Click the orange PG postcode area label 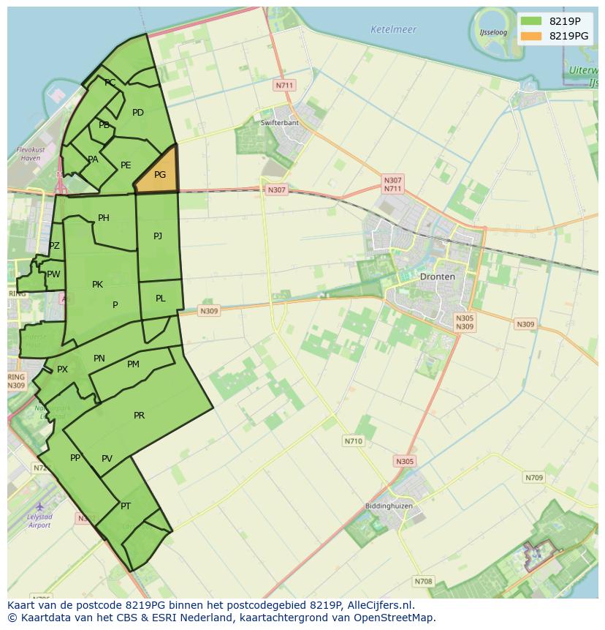tap(160, 175)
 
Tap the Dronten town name tap(437, 277)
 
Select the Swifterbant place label tap(280, 122)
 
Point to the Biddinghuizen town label tap(389, 506)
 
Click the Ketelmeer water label tap(393, 30)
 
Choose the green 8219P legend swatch tap(531, 20)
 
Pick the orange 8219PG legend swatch tap(531, 36)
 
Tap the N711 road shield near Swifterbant tap(284, 86)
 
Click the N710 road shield tap(353, 441)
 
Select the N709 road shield tap(534, 478)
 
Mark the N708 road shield tap(423, 582)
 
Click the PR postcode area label tap(139, 416)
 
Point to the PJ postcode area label tap(158, 236)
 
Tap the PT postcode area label tap(126, 506)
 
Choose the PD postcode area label tap(138, 113)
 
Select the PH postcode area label tap(103, 218)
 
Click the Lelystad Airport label tap(39, 521)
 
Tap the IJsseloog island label tap(493, 33)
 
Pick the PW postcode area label tap(53, 274)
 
